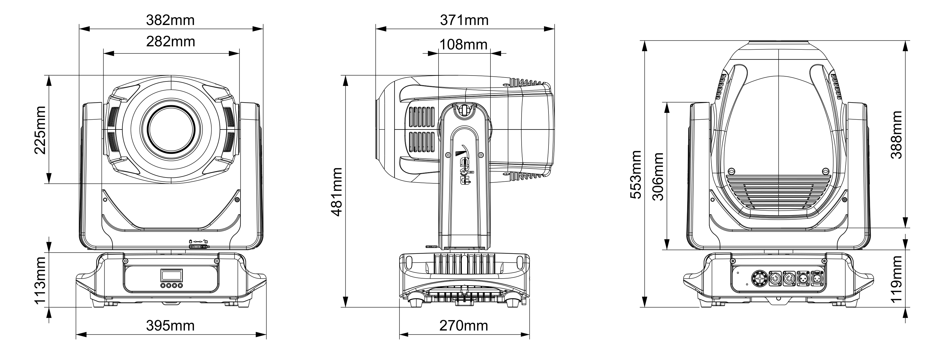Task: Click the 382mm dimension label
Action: [170, 20]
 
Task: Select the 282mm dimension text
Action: [171, 42]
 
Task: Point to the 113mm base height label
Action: [40, 280]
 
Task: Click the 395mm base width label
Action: [170, 325]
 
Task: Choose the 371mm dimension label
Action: [464, 20]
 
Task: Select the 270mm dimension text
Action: [463, 325]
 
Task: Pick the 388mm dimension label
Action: [896, 135]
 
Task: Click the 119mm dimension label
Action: [896, 279]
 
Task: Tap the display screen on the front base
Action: [171, 275]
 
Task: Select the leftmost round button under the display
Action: [163, 286]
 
